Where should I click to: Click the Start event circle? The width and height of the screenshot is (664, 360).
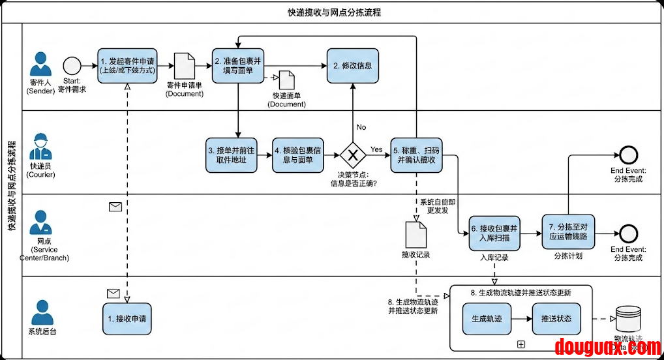tap(72, 66)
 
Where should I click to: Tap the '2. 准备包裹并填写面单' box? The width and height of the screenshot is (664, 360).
tap(238, 65)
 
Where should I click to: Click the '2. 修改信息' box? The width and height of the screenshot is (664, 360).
tap(353, 65)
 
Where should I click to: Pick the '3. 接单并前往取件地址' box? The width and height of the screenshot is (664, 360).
tap(231, 155)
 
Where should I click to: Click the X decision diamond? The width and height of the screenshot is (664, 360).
tap(353, 155)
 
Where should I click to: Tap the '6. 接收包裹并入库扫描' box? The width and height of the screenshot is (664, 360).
tap(494, 233)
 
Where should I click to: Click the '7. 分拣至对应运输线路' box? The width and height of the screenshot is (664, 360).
tap(569, 231)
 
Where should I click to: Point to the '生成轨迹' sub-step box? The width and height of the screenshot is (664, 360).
tap(487, 319)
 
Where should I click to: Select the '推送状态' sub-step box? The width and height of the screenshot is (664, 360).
tap(556, 319)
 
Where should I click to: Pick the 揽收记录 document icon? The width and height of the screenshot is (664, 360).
tap(415, 234)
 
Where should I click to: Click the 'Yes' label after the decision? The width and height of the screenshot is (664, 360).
tap(376, 149)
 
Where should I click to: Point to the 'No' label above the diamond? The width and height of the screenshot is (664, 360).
tap(361, 127)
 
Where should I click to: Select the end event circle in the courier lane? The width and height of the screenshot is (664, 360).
tap(628, 155)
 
